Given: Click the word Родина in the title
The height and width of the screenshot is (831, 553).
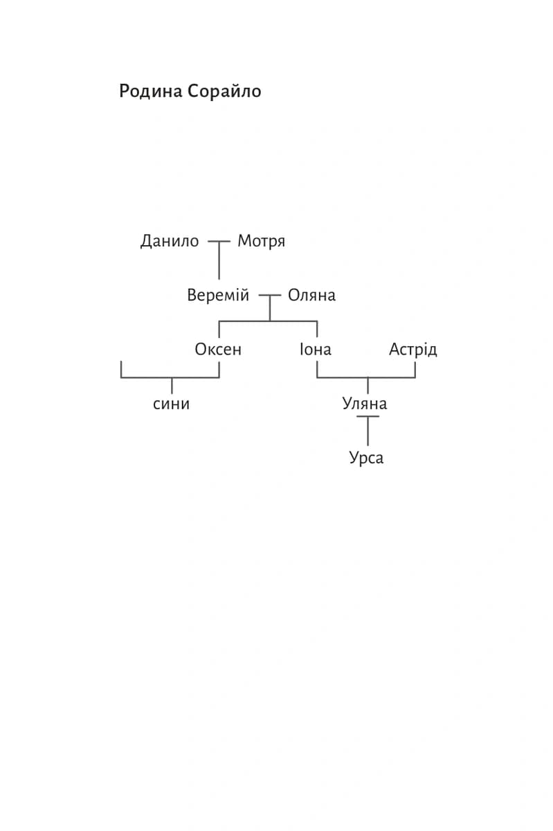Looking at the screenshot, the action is tap(151, 91).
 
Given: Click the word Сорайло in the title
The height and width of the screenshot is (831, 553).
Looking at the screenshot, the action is tap(224, 91).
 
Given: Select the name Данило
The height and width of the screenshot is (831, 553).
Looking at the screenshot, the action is tap(170, 242).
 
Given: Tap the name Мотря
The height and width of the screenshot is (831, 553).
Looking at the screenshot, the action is tap(261, 242).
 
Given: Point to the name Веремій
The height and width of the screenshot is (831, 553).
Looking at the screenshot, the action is tap(218, 295).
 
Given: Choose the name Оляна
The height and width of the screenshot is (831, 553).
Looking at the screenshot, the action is tap(311, 296).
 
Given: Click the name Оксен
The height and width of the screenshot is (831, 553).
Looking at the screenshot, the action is tap(218, 350).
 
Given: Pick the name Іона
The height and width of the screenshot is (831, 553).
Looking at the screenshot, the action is tap(316, 350).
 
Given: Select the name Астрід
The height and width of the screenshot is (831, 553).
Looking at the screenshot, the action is tap(413, 350).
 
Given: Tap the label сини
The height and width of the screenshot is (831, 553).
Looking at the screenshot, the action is tap(171, 404).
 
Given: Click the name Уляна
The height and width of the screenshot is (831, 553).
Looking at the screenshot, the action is tap(365, 404).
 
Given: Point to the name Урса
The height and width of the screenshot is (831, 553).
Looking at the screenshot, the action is tap(366, 458).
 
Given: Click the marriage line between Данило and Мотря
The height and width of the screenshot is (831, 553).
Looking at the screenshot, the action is tap(219, 242).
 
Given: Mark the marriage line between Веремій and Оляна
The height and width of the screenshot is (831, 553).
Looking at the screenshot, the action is tap(270, 296).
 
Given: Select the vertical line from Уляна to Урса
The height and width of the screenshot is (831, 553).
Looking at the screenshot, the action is tap(368, 431).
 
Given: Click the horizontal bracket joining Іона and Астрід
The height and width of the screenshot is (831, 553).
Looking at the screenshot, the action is tap(366, 377).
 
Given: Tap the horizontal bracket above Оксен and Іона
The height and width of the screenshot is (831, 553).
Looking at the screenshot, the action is tap(268, 321).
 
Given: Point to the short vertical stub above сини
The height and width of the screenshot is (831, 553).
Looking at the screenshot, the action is tap(172, 386).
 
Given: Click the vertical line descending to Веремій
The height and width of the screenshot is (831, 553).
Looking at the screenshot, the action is tap(219, 260).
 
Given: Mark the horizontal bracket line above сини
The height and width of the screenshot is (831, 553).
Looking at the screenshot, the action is tap(170, 377).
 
